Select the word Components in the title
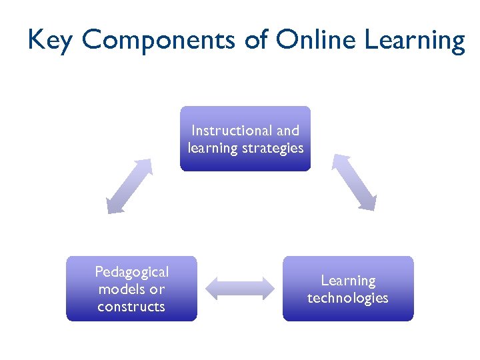coord(159,41)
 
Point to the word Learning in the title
coord(415,42)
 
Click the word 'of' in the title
coord(256,41)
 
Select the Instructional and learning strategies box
coord(245,139)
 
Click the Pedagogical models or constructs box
coord(131,289)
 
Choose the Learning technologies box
coord(347,289)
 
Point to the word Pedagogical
coord(132,272)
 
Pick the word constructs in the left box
coord(131,307)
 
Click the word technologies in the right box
coord(347,298)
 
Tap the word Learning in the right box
coord(348,281)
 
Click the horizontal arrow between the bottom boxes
coord(239,288)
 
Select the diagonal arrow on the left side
coord(129,186)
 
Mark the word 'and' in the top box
coord(288,131)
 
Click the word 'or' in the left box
coord(157,289)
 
